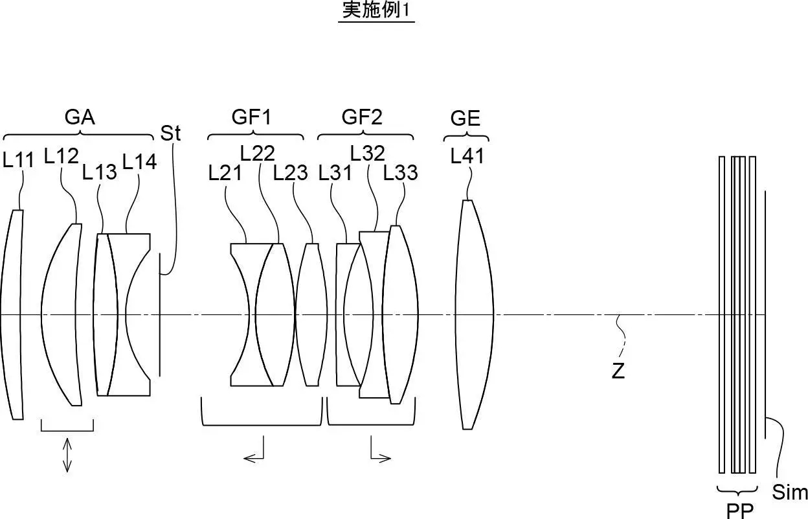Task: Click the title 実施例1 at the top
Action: coord(376,10)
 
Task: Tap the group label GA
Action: coord(80,117)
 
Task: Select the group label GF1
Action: coord(251,117)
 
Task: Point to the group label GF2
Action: coord(362,117)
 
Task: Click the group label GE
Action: coord(466,118)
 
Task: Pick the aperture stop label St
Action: coord(170,133)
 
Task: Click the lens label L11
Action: coord(18,159)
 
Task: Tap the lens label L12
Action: coord(61,156)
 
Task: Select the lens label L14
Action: coord(139,161)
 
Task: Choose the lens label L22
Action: coord(257,153)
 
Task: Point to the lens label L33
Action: coord(400,172)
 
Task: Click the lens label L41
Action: coord(467,156)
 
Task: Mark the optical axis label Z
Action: coord(618,371)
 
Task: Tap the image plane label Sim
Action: coord(790,492)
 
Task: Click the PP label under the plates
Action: coord(739,511)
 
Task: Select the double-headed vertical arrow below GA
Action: coord(67,455)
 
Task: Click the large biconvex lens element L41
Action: coord(474,315)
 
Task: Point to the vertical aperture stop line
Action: coord(160,315)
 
